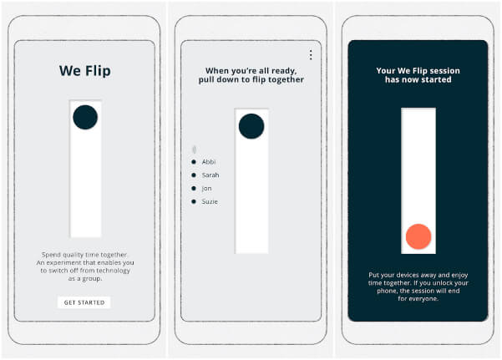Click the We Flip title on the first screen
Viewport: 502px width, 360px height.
[x=84, y=71]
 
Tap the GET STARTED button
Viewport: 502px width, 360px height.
[x=84, y=302]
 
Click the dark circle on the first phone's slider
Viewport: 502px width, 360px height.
[x=85, y=118]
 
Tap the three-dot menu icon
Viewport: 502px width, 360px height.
[x=311, y=55]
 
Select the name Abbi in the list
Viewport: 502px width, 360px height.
[x=209, y=161]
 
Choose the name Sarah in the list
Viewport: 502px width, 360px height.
[x=210, y=175]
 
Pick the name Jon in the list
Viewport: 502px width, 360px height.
[x=207, y=188]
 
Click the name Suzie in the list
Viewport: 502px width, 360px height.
[x=210, y=201]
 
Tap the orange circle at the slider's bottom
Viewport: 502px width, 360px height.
[x=418, y=237]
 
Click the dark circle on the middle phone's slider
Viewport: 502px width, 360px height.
[x=251, y=126]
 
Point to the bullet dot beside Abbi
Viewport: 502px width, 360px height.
[x=194, y=161]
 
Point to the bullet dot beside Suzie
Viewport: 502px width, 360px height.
[x=194, y=201]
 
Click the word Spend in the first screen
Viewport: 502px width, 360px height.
[x=52, y=254]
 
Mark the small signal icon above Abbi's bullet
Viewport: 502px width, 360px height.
[x=194, y=150]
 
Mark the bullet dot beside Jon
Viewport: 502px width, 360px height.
[x=194, y=188]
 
